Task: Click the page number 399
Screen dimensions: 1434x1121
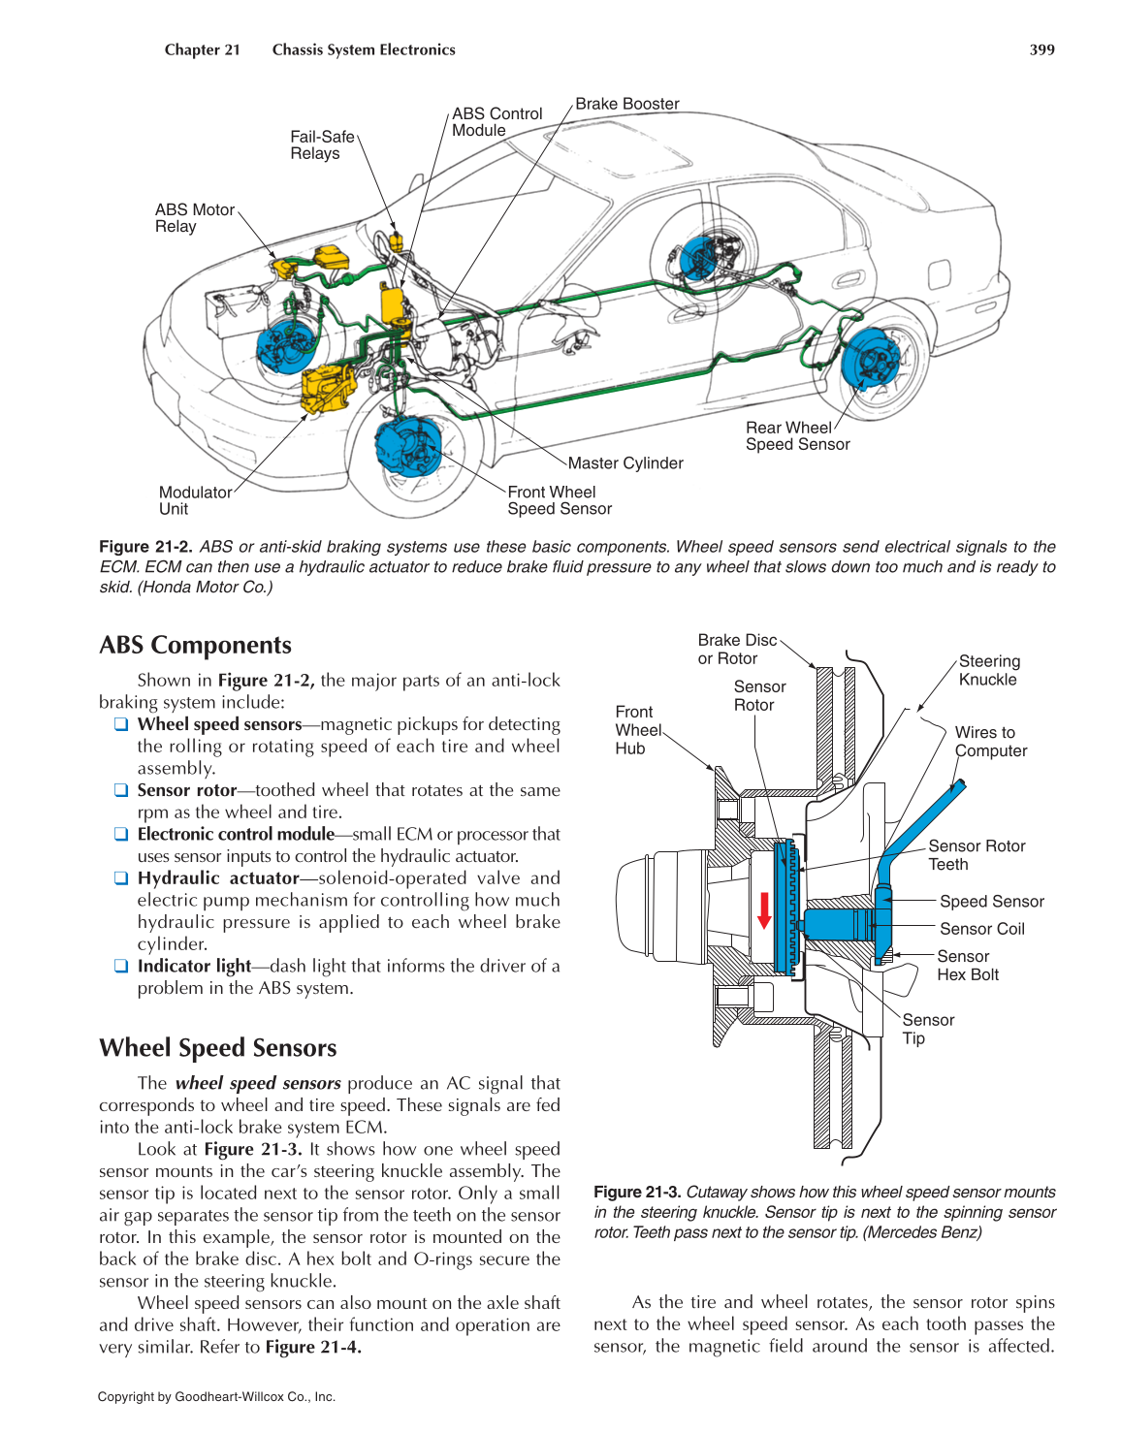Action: coord(1041,49)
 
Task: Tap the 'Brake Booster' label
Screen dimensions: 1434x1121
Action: coord(626,104)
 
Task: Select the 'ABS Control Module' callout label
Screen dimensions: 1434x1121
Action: coord(496,122)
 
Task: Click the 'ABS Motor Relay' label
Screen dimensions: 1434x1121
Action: coord(194,218)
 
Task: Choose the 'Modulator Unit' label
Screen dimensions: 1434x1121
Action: coord(195,500)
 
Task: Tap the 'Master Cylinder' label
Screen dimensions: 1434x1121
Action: coord(625,463)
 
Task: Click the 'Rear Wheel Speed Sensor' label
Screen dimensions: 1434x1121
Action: coord(797,436)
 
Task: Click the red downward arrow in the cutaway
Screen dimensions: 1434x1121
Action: coord(764,909)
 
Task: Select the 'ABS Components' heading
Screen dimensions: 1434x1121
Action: coord(195,646)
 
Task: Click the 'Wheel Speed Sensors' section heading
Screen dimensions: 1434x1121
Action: coord(217,1048)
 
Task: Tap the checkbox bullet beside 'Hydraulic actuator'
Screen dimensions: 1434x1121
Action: coord(121,878)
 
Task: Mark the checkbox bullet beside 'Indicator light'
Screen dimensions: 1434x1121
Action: coord(121,966)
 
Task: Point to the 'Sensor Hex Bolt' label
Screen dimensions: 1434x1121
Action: coord(967,966)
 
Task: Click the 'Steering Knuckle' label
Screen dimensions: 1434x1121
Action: coord(988,670)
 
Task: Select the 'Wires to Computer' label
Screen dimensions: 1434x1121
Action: coord(990,742)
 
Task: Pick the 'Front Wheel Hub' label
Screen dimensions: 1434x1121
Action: coord(637,730)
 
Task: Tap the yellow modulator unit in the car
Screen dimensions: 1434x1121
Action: coord(328,388)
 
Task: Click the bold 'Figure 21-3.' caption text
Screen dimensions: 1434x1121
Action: coord(637,1192)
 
